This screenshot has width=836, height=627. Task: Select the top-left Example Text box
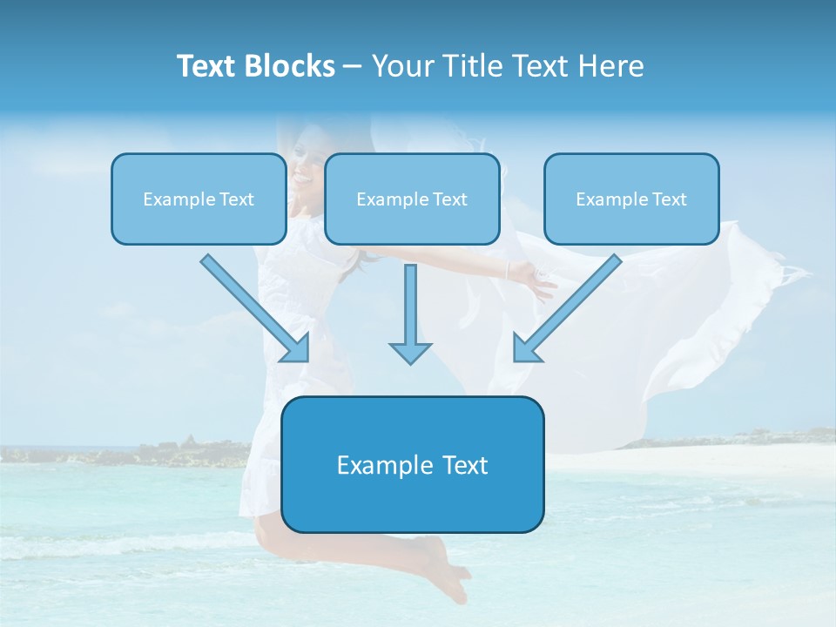(x=199, y=199)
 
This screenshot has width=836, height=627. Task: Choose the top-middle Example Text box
(x=412, y=199)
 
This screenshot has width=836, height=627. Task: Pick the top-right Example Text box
(x=631, y=199)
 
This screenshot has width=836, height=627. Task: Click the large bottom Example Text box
(x=412, y=464)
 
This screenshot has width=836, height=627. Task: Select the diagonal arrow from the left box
(x=253, y=307)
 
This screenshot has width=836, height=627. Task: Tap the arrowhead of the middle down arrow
(x=410, y=352)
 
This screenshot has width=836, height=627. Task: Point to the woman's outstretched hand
(x=536, y=280)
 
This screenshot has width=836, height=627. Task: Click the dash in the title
(x=353, y=66)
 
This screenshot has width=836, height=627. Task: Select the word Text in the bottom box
(x=462, y=464)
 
